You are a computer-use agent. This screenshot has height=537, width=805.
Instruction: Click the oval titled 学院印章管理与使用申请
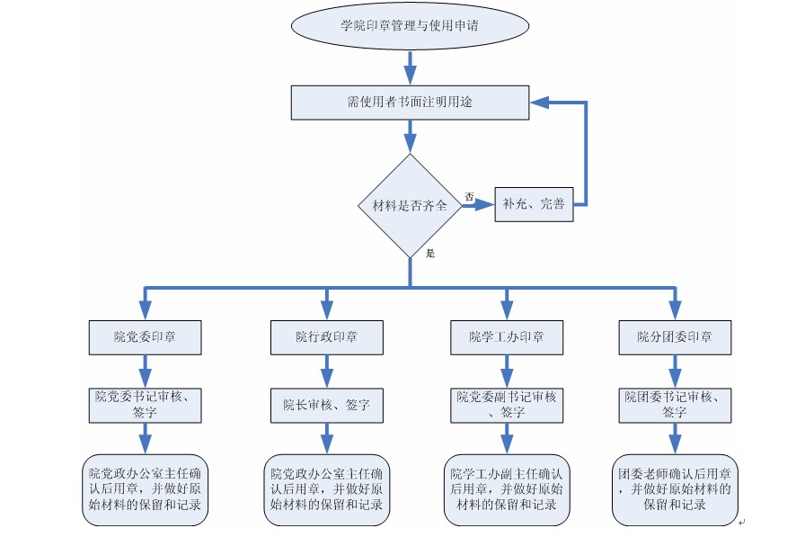point(409,26)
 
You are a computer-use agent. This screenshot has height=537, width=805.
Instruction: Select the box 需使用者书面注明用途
point(410,102)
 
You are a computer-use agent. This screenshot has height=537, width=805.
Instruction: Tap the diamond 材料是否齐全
point(410,206)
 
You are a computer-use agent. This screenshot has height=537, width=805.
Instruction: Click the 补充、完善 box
point(535,204)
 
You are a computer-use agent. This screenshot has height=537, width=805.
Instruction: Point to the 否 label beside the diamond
point(469,195)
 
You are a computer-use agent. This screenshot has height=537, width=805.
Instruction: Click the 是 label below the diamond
point(430,254)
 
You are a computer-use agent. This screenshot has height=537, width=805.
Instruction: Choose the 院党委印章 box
point(145,337)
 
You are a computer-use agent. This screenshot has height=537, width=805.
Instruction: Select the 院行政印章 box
point(327,337)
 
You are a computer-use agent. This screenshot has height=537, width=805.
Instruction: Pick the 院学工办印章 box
point(507,337)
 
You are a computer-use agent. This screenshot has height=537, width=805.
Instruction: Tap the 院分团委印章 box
point(675,337)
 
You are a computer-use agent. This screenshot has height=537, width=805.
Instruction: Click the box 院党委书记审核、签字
point(145,404)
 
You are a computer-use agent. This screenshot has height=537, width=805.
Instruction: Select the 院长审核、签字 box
point(327,405)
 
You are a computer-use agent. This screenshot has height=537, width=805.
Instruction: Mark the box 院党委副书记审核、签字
point(507,404)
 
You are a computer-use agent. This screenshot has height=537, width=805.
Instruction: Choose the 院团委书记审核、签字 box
point(675,404)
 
